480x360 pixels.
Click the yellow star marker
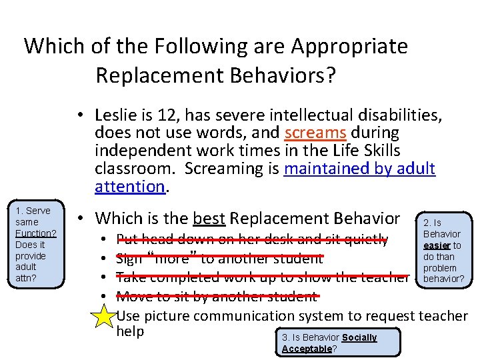point(104,316)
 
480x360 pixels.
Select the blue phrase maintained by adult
point(359,168)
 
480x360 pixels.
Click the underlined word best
point(208,219)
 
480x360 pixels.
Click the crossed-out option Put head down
point(252,239)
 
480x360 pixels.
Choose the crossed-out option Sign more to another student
point(219,258)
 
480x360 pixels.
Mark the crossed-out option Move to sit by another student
point(217,296)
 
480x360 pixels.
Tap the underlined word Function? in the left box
point(35,233)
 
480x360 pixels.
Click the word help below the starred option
point(130,331)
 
